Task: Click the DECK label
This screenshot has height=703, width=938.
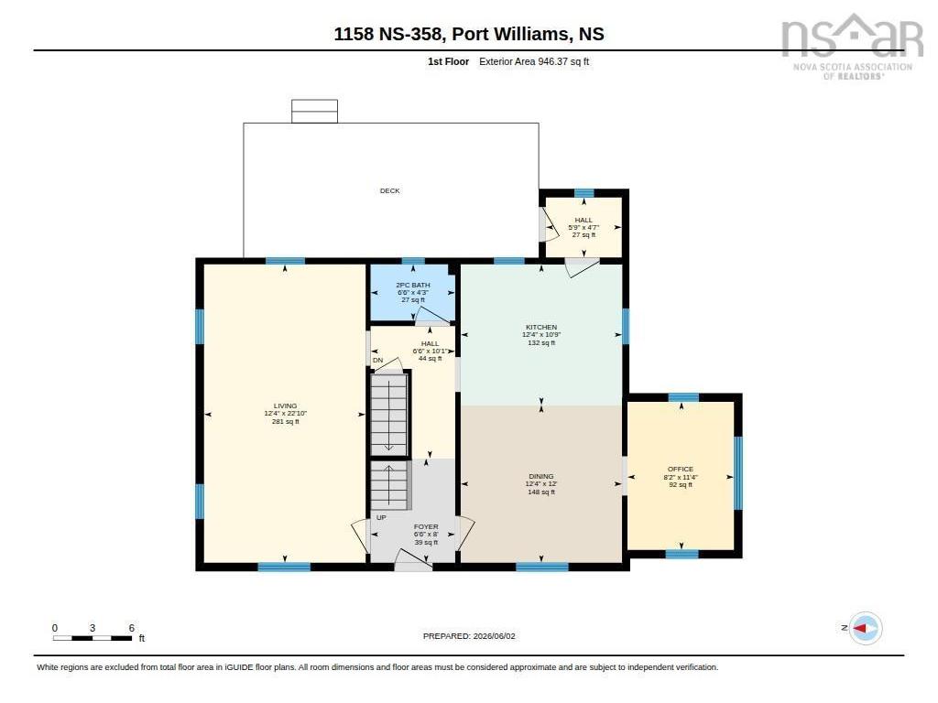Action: point(389,190)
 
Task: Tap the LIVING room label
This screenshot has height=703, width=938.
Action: point(286,406)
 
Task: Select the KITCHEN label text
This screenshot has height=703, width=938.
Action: point(541,327)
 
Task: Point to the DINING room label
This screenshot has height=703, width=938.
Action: point(541,476)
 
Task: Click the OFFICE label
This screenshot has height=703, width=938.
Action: point(681,470)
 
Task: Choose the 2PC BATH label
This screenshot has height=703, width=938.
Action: point(413,286)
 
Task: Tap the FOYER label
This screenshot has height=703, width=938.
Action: point(426,526)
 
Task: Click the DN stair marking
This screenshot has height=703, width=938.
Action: point(378,361)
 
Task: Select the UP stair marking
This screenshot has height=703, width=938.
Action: point(381,518)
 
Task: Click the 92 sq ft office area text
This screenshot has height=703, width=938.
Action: point(681,485)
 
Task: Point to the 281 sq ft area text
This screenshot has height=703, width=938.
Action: point(286,421)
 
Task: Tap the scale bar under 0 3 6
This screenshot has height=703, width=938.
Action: point(93,638)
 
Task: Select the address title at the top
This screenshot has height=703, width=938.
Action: point(469,34)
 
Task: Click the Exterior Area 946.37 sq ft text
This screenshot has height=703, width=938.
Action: point(534,61)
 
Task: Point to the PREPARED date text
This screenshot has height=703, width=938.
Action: point(469,636)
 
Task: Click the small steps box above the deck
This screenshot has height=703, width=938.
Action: point(315,111)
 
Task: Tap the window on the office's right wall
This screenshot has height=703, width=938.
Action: point(738,473)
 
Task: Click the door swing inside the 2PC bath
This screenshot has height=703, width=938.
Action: point(432,315)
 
